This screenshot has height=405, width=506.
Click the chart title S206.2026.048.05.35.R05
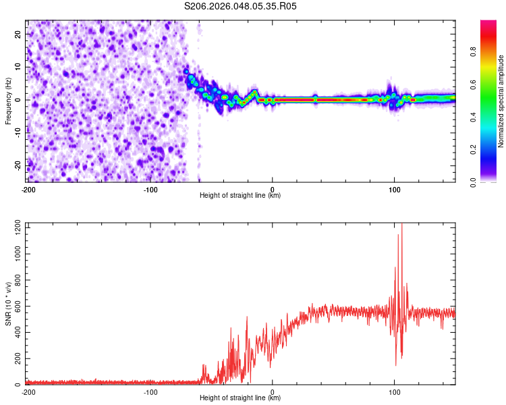(x=241, y=6)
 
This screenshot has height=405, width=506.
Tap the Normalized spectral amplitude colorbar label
(x=501, y=101)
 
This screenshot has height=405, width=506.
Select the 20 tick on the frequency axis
(x=18, y=34)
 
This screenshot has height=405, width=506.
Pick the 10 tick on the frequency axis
(x=18, y=67)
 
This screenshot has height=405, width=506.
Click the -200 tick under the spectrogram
(x=28, y=189)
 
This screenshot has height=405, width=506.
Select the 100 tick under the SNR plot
(x=395, y=391)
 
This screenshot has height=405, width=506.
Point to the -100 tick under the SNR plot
(x=150, y=391)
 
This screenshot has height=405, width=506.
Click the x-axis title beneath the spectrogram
(x=240, y=196)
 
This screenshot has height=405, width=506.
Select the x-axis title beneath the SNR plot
(x=240, y=398)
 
